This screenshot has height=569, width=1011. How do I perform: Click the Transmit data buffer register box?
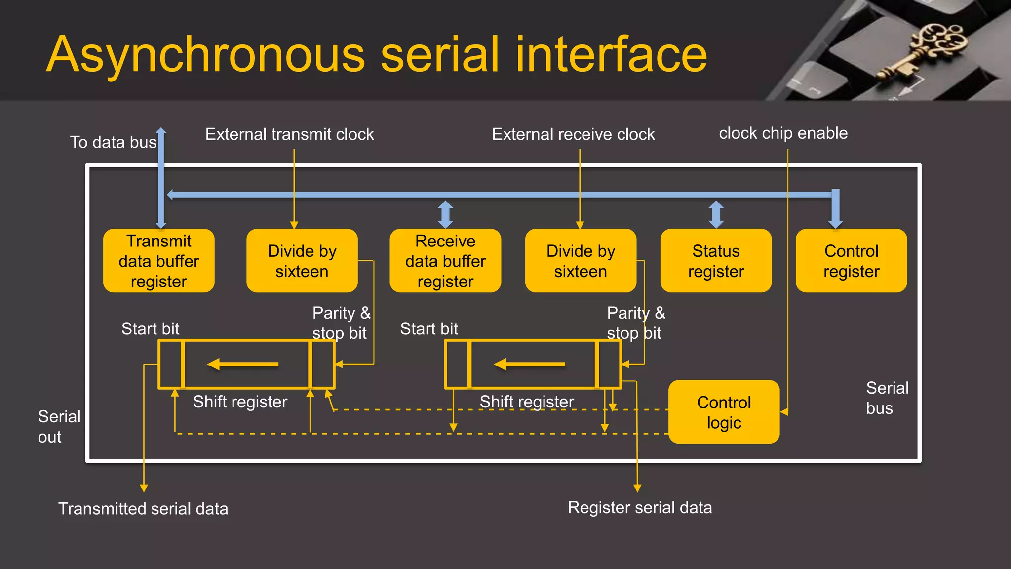(158, 261)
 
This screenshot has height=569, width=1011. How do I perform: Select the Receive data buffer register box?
(445, 261)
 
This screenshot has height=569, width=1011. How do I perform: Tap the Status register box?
(716, 261)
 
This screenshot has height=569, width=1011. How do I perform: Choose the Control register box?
(851, 261)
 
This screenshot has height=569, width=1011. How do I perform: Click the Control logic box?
(724, 412)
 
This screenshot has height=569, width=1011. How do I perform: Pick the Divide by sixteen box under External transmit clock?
(302, 261)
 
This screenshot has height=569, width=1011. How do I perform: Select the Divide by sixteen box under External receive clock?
(581, 261)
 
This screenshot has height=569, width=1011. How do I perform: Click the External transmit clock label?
(289, 134)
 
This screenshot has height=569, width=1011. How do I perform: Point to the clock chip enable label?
(783, 133)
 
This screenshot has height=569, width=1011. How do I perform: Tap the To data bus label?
(113, 142)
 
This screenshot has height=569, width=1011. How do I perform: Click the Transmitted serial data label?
(143, 509)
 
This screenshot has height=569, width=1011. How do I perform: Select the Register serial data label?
(640, 508)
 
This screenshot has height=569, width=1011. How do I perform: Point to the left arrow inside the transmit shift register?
(243, 365)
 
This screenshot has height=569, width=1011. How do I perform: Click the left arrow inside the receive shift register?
(529, 365)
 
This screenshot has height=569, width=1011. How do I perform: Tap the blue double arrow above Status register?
(716, 214)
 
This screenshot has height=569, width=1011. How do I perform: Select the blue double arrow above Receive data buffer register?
(445, 214)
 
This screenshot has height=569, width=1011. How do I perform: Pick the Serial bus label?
(887, 398)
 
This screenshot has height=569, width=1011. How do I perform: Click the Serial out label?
(58, 427)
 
